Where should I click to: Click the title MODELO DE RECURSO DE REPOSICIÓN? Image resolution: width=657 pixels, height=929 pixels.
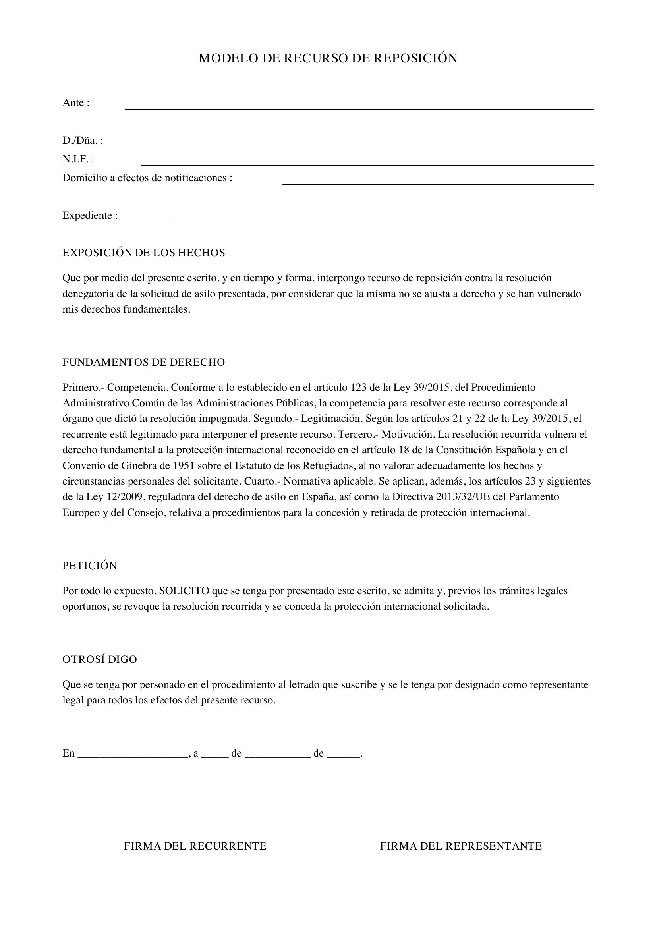(328, 59)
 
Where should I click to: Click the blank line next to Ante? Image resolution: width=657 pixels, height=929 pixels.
(359, 107)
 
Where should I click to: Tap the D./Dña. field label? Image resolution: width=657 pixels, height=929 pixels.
(83, 141)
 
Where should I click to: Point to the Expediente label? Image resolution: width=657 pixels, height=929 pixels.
(90, 216)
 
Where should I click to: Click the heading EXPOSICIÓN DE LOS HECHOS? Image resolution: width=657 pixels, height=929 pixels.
(144, 253)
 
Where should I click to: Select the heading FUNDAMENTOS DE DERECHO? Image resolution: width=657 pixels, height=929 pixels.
(144, 363)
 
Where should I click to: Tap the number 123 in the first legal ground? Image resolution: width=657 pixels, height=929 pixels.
(358, 388)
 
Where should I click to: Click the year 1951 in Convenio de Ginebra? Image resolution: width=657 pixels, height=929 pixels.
(184, 466)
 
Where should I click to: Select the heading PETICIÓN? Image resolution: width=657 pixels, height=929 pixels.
(90, 566)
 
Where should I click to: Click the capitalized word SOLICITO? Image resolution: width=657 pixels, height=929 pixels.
(184, 591)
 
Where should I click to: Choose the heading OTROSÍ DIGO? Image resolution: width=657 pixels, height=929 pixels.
(100, 660)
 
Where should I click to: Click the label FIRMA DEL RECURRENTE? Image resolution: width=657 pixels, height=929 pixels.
(195, 846)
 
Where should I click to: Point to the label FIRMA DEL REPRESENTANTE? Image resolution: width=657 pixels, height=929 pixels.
(461, 846)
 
